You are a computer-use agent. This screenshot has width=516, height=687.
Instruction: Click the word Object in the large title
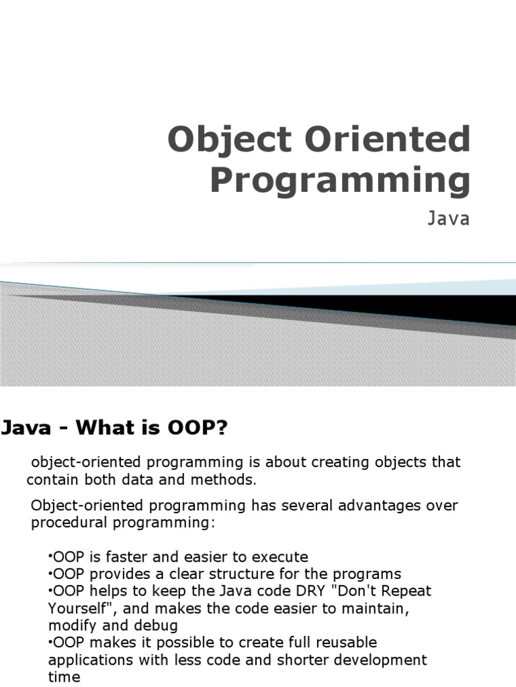[x=229, y=140]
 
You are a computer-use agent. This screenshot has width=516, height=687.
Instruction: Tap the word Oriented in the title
[x=388, y=139]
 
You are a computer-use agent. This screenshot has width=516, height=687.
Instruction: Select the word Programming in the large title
[x=341, y=181]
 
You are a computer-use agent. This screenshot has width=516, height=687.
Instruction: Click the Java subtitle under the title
[x=448, y=218]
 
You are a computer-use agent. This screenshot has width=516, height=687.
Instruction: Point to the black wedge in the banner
[x=395, y=308]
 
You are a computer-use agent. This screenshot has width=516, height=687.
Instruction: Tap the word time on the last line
[x=64, y=677]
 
